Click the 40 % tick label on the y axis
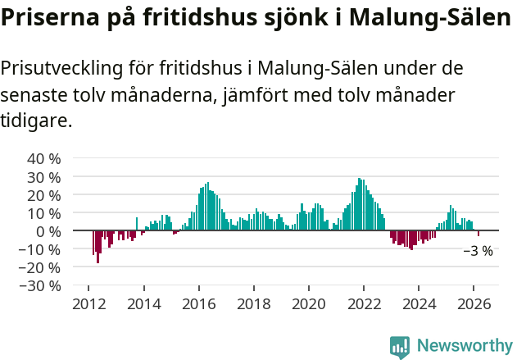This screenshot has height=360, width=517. tap(44, 158)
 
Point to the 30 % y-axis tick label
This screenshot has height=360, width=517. tap(44, 176)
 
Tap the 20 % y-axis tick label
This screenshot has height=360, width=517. tap(44, 194)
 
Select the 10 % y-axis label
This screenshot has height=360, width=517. tap(44, 212)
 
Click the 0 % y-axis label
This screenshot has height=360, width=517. tap(48, 230)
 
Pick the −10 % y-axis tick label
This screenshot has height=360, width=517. tap(40, 249)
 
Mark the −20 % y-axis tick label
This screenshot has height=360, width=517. tap(40, 267)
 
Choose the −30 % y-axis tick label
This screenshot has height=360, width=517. tap(40, 285)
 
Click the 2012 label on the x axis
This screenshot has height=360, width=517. tap(88, 303)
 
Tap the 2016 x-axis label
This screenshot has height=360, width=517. tap(198, 303)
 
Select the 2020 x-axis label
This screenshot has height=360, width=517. tap(309, 303)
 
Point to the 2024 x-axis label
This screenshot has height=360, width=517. tap(419, 303)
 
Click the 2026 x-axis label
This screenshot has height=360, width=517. tap(474, 303)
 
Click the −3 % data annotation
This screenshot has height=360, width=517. tap(478, 251)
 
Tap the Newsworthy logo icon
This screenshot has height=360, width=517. tap(400, 347)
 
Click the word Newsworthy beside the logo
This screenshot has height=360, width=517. tap(465, 346)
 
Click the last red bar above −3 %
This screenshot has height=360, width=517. tap(478, 234)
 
